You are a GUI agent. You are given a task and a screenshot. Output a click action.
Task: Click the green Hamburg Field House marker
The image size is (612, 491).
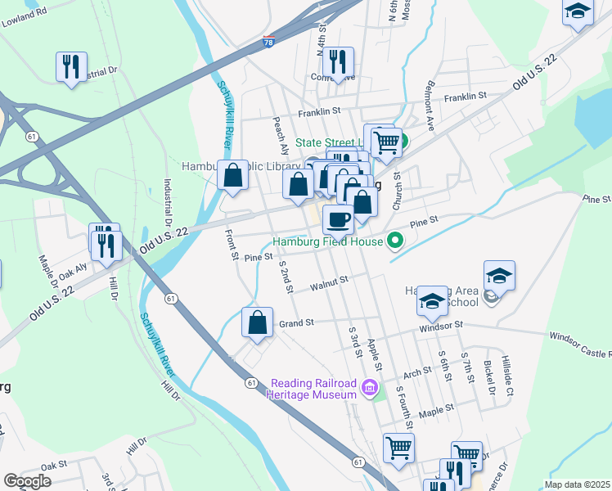click(x=396, y=241)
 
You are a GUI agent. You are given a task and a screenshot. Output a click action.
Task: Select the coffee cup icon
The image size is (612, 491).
click(x=338, y=218)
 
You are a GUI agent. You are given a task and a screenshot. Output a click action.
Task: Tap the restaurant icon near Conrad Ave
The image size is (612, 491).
click(x=336, y=61)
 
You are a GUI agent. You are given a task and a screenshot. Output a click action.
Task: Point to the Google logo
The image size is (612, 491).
click(x=27, y=481)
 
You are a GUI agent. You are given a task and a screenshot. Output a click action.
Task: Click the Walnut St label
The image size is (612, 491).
click(x=330, y=283)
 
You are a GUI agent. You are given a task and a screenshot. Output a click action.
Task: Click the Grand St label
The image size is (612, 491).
click(x=297, y=323)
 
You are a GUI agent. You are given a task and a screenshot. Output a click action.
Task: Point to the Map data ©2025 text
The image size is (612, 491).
click(x=577, y=484)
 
